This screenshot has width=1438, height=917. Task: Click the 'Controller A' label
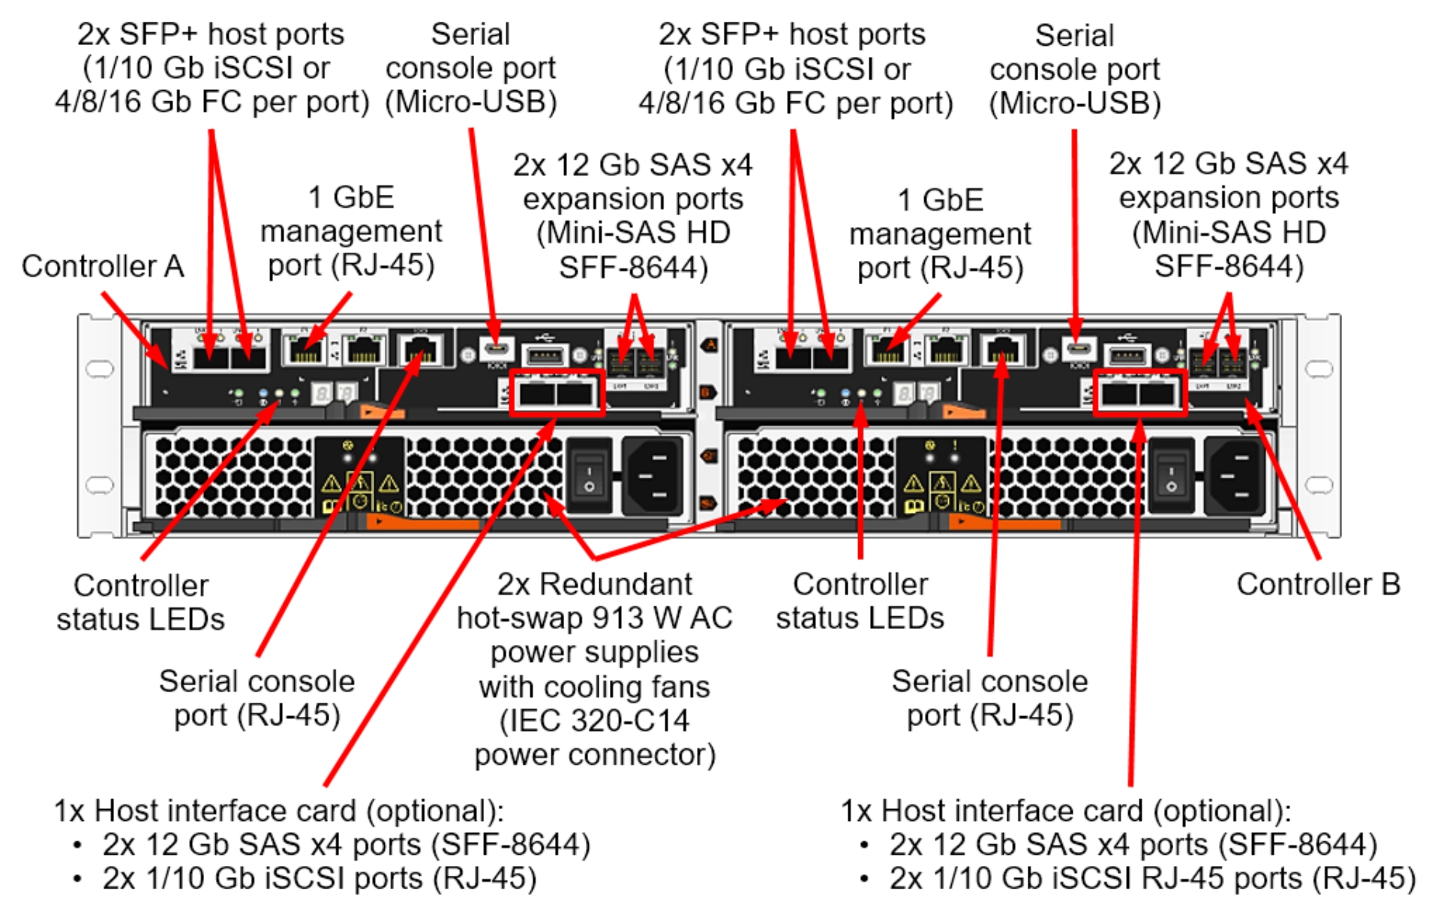point(103,267)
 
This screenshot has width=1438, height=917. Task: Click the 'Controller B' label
point(1318,584)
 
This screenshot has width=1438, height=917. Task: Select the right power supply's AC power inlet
point(1234,476)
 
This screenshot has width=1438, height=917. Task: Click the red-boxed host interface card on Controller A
point(557,392)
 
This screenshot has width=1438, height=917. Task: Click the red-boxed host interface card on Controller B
point(1139,392)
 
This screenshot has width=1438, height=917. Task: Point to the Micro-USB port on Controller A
point(496,349)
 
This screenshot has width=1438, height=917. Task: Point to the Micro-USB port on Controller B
point(1078,349)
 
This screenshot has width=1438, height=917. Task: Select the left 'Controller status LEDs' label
point(140,602)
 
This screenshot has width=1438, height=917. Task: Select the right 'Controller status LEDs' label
point(860,601)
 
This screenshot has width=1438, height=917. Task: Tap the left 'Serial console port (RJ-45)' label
point(257,698)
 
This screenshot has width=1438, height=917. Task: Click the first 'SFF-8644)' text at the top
point(634,267)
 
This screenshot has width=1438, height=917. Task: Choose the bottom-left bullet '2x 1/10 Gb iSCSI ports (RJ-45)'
point(320,878)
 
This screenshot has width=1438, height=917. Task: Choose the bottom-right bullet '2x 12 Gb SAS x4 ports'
point(1133,844)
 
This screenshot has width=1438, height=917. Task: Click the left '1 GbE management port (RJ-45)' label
point(351,232)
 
